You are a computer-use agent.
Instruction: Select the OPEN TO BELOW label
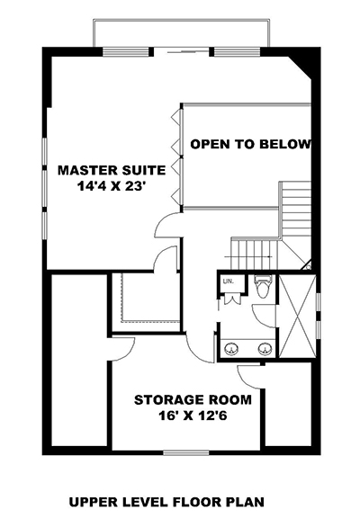coord(250,144)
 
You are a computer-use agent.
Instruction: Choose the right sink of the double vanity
coord(265,348)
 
